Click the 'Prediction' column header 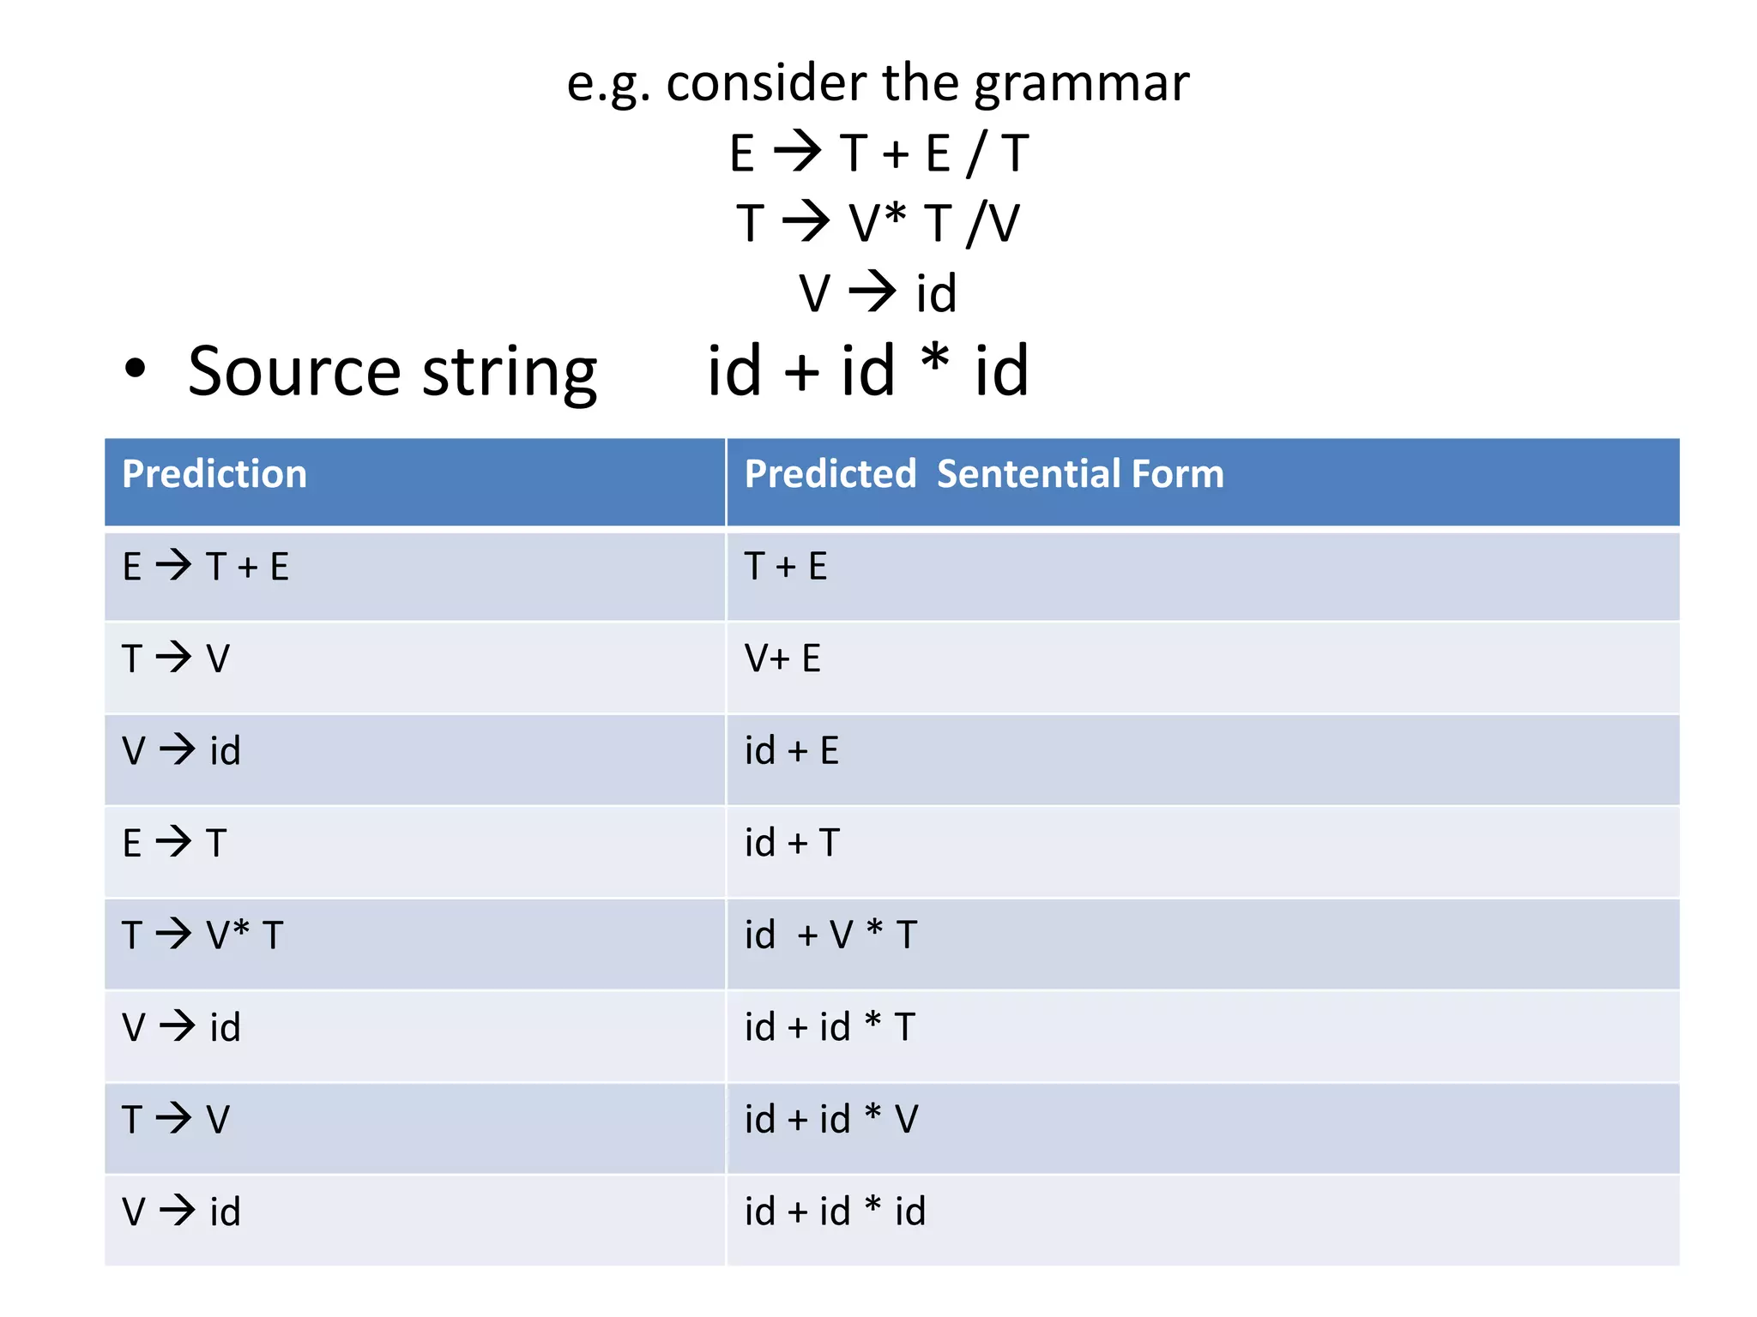coord(214,474)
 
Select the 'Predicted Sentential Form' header coord(983,474)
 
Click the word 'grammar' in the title coord(1081,85)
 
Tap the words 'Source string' coord(392,372)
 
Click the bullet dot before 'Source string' coord(136,369)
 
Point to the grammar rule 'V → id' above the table coord(878,293)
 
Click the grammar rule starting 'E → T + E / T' coord(878,153)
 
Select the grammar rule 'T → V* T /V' coord(878,223)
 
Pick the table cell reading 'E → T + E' coord(206,567)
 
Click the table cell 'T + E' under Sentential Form coord(786,567)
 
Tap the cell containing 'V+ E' coord(782,658)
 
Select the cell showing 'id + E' coord(791,751)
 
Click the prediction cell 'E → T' coord(175,843)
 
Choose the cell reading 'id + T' coord(791,843)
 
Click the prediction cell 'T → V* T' coord(202,935)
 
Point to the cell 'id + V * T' coord(830,935)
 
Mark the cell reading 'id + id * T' coord(830,1027)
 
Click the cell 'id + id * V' coord(830,1119)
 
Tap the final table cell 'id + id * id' coord(835,1212)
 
